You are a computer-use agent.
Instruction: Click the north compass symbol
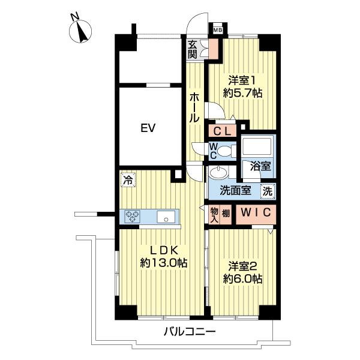coord(80,31)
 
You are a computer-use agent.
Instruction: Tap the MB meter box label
coord(217,30)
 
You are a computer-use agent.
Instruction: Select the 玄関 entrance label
coord(193,50)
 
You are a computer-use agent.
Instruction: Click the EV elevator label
coord(148,128)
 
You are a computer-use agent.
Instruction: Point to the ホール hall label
coord(194,108)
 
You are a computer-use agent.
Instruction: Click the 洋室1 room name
coord(242,81)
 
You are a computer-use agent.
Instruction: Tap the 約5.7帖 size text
coord(242,93)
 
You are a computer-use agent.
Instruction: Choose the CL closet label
coord(222,131)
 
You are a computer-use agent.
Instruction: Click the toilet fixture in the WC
coord(227,151)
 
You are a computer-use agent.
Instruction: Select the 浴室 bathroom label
coord(260,166)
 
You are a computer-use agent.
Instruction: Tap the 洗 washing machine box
coord(268,191)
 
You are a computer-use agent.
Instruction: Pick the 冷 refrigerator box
coord(128,180)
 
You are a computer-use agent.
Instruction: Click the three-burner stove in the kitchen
coord(132,217)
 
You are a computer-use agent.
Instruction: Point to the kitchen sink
coord(166,217)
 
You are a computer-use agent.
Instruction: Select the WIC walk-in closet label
coord(256,212)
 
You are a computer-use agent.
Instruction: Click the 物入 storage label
coord(214,215)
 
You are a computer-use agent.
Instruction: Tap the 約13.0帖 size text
coord(164,263)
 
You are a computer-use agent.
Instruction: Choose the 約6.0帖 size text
coord(242,279)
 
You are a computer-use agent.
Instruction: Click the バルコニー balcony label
coord(190,332)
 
